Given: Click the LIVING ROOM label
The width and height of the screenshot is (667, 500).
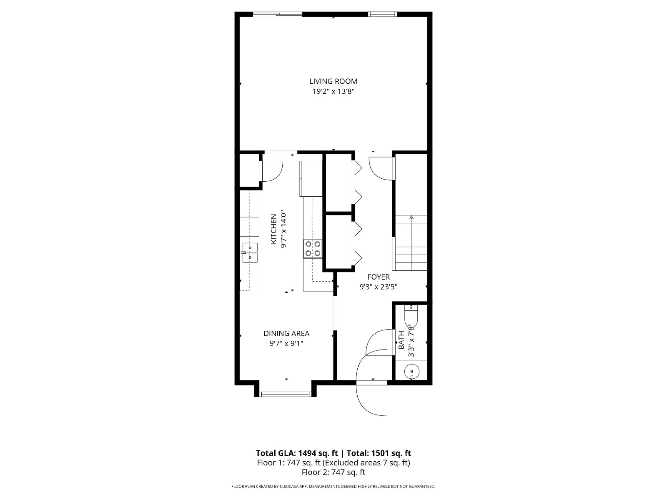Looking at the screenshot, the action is (x=333, y=81).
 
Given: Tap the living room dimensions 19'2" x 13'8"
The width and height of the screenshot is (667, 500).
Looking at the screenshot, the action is (x=333, y=91).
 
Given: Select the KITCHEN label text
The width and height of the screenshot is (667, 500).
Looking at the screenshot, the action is (x=273, y=229).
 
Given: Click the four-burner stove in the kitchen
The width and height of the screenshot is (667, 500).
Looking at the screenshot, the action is (x=313, y=249).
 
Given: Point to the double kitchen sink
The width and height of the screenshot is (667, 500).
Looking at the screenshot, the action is (x=250, y=252).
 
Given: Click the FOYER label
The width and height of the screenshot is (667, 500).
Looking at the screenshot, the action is (x=379, y=277).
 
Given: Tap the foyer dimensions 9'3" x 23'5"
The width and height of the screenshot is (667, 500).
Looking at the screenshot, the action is (x=379, y=287).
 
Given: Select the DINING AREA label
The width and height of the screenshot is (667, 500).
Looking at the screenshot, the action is (x=286, y=333).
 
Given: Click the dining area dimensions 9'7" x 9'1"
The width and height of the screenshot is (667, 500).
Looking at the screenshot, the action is (x=286, y=343).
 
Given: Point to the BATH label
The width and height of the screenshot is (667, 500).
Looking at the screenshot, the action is (x=401, y=340).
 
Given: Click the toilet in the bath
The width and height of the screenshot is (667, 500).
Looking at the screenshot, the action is (x=411, y=316).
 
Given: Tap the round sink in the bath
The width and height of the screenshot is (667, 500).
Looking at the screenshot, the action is (x=412, y=372).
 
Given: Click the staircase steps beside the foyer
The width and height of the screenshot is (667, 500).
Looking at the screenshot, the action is (x=411, y=242).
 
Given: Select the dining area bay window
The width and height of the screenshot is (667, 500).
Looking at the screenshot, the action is (x=286, y=394).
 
